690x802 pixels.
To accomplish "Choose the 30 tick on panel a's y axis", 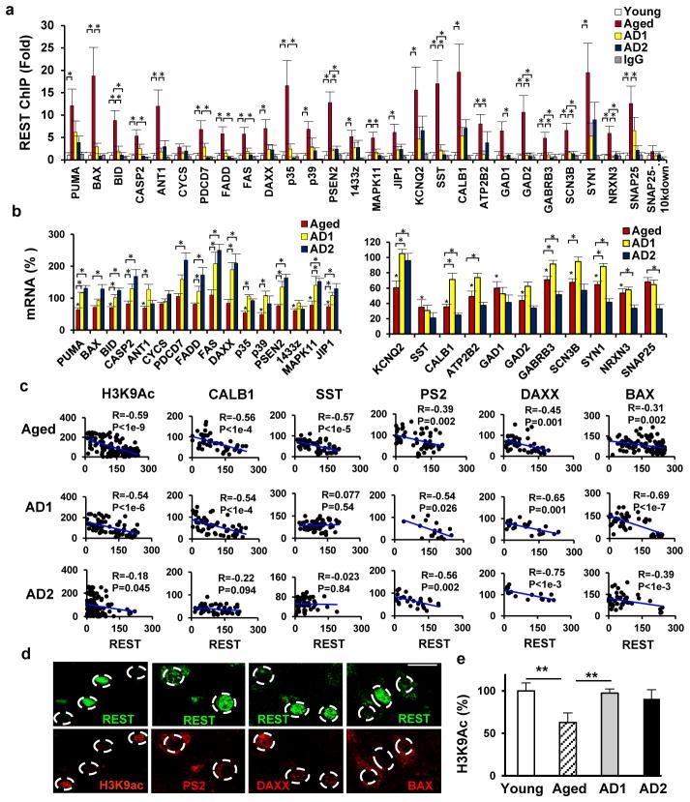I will tap(45, 14).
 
